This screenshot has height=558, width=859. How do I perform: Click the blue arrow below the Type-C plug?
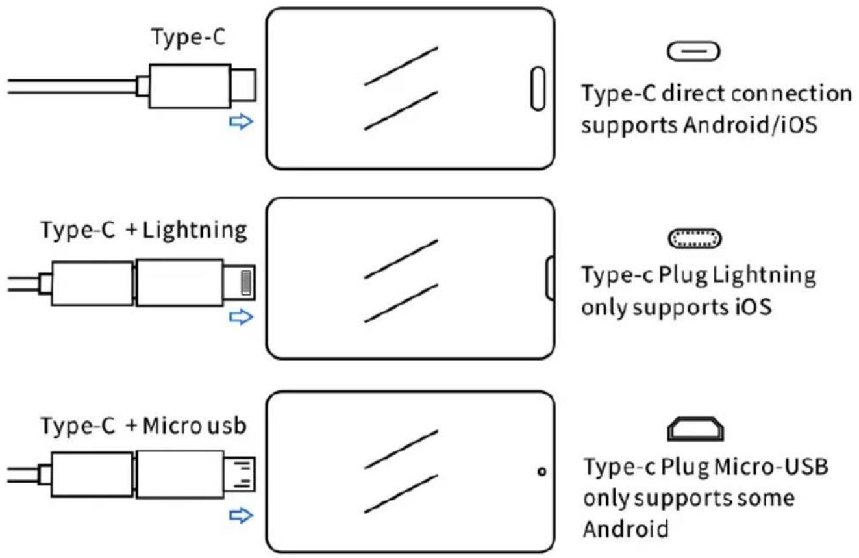click(x=241, y=121)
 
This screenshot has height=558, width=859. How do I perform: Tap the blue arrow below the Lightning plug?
click(x=241, y=317)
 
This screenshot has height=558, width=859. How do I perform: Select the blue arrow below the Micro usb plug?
click(x=241, y=515)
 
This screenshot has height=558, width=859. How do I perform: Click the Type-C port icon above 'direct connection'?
click(x=693, y=51)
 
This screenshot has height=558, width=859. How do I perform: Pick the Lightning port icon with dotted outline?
click(x=695, y=238)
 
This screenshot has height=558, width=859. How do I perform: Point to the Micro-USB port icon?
click(x=695, y=428)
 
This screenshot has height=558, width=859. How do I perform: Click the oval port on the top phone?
click(x=538, y=88)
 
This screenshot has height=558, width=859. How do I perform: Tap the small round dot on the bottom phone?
click(x=542, y=471)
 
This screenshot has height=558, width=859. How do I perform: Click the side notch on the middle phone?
click(x=549, y=278)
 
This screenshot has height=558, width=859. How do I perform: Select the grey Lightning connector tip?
click(x=246, y=283)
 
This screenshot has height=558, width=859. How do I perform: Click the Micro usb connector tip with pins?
click(x=240, y=474)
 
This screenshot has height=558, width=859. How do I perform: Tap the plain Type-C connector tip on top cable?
click(x=243, y=85)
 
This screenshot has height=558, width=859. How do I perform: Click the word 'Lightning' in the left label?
click(x=194, y=231)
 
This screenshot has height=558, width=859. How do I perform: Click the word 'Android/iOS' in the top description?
click(x=750, y=125)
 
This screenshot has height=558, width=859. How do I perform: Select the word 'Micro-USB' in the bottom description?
click(x=771, y=467)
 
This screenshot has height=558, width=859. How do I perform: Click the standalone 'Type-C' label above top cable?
click(x=188, y=37)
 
